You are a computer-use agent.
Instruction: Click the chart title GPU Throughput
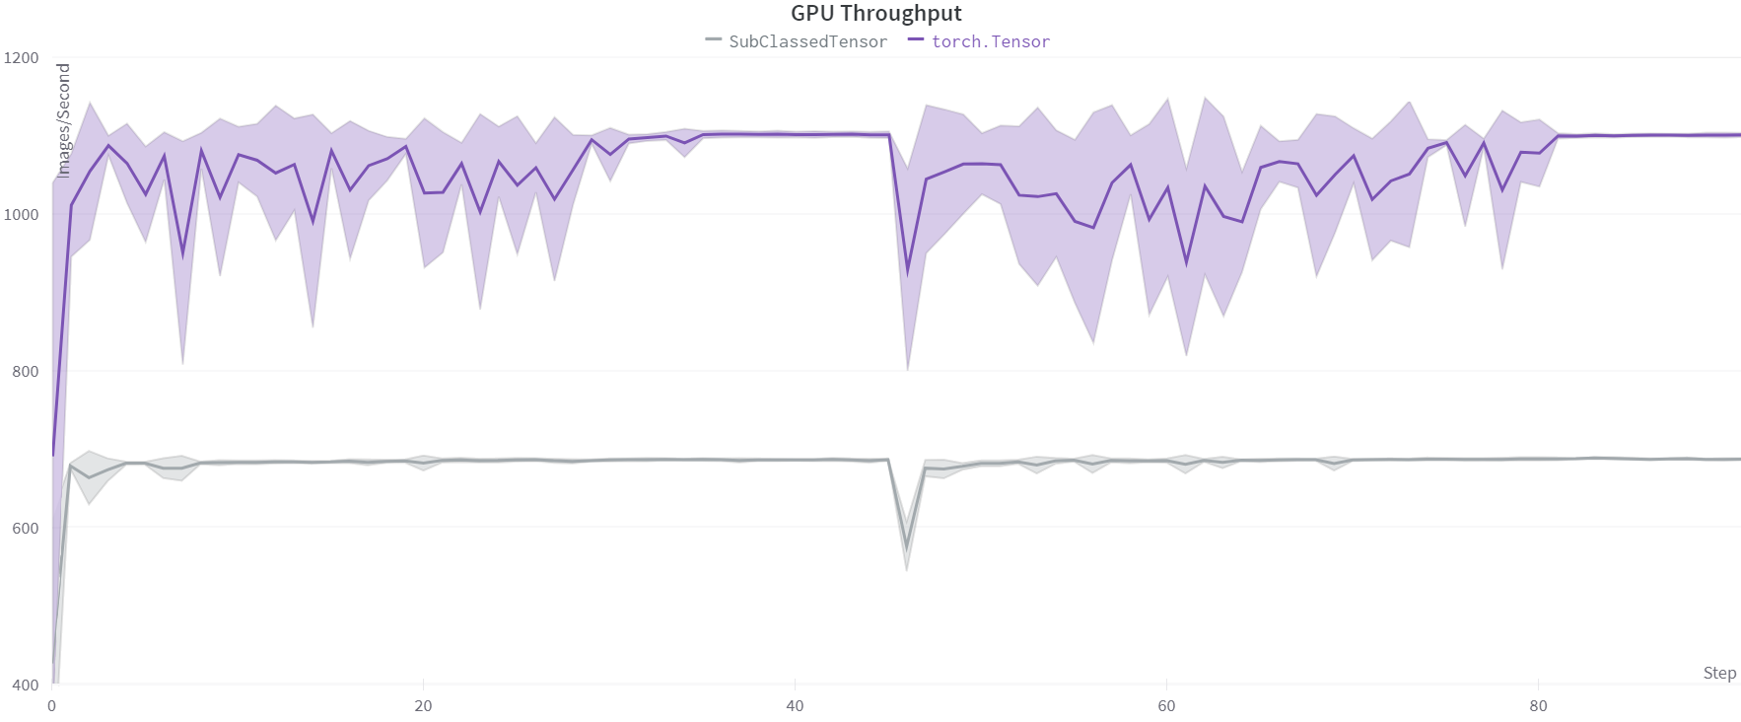(x=875, y=14)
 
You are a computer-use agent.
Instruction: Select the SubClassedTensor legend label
(x=807, y=41)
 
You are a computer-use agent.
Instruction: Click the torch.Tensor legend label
(x=990, y=41)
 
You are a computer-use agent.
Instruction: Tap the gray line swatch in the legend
(x=715, y=40)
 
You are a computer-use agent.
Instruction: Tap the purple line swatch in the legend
(x=917, y=40)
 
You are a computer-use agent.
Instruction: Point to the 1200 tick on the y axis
(x=22, y=57)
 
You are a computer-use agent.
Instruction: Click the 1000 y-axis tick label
(x=22, y=214)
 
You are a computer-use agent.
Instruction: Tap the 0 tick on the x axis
(x=51, y=706)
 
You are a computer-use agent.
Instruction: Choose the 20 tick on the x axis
(x=423, y=706)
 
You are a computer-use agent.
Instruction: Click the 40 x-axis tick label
(x=795, y=706)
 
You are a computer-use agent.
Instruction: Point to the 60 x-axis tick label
(x=1166, y=706)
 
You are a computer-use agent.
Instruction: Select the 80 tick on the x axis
(x=1538, y=706)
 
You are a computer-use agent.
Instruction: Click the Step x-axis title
(x=1719, y=673)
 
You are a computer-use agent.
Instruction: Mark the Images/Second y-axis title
(x=64, y=120)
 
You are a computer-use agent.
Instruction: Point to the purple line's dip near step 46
(x=907, y=268)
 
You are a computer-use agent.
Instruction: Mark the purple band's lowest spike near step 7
(x=182, y=363)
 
